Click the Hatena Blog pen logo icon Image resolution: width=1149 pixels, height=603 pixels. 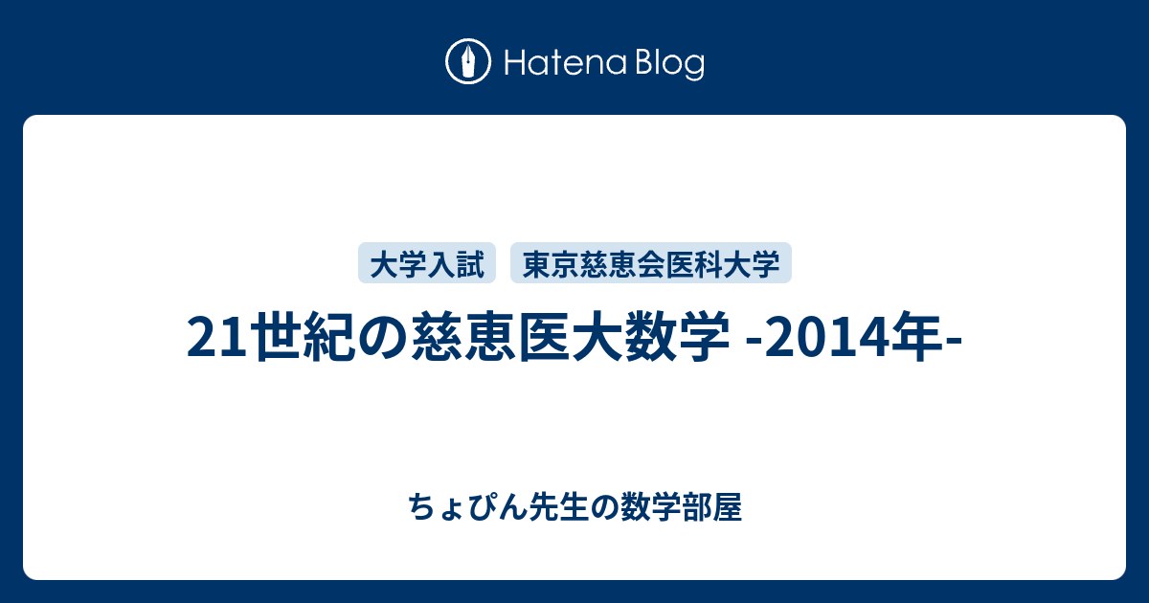click(468, 62)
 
